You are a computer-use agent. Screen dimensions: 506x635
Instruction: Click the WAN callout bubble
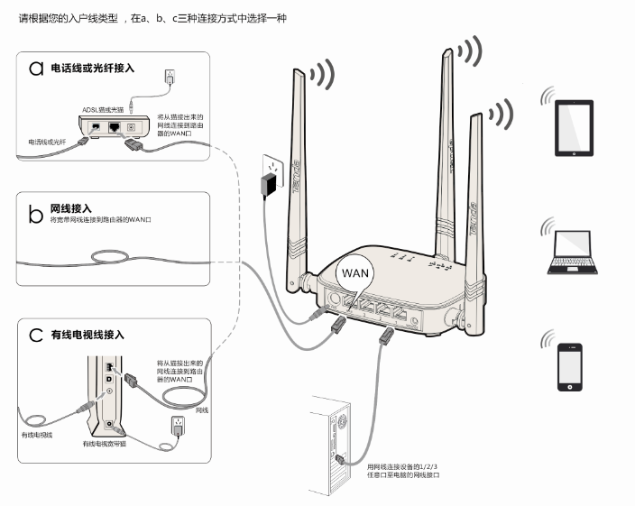click(354, 271)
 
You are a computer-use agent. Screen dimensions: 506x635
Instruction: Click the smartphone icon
click(570, 366)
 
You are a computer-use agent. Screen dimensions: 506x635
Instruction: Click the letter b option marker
click(36, 215)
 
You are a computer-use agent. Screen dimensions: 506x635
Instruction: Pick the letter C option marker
click(36, 335)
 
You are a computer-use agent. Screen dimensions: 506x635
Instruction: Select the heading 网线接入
click(71, 207)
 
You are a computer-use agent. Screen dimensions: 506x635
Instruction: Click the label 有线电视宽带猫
click(104, 444)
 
